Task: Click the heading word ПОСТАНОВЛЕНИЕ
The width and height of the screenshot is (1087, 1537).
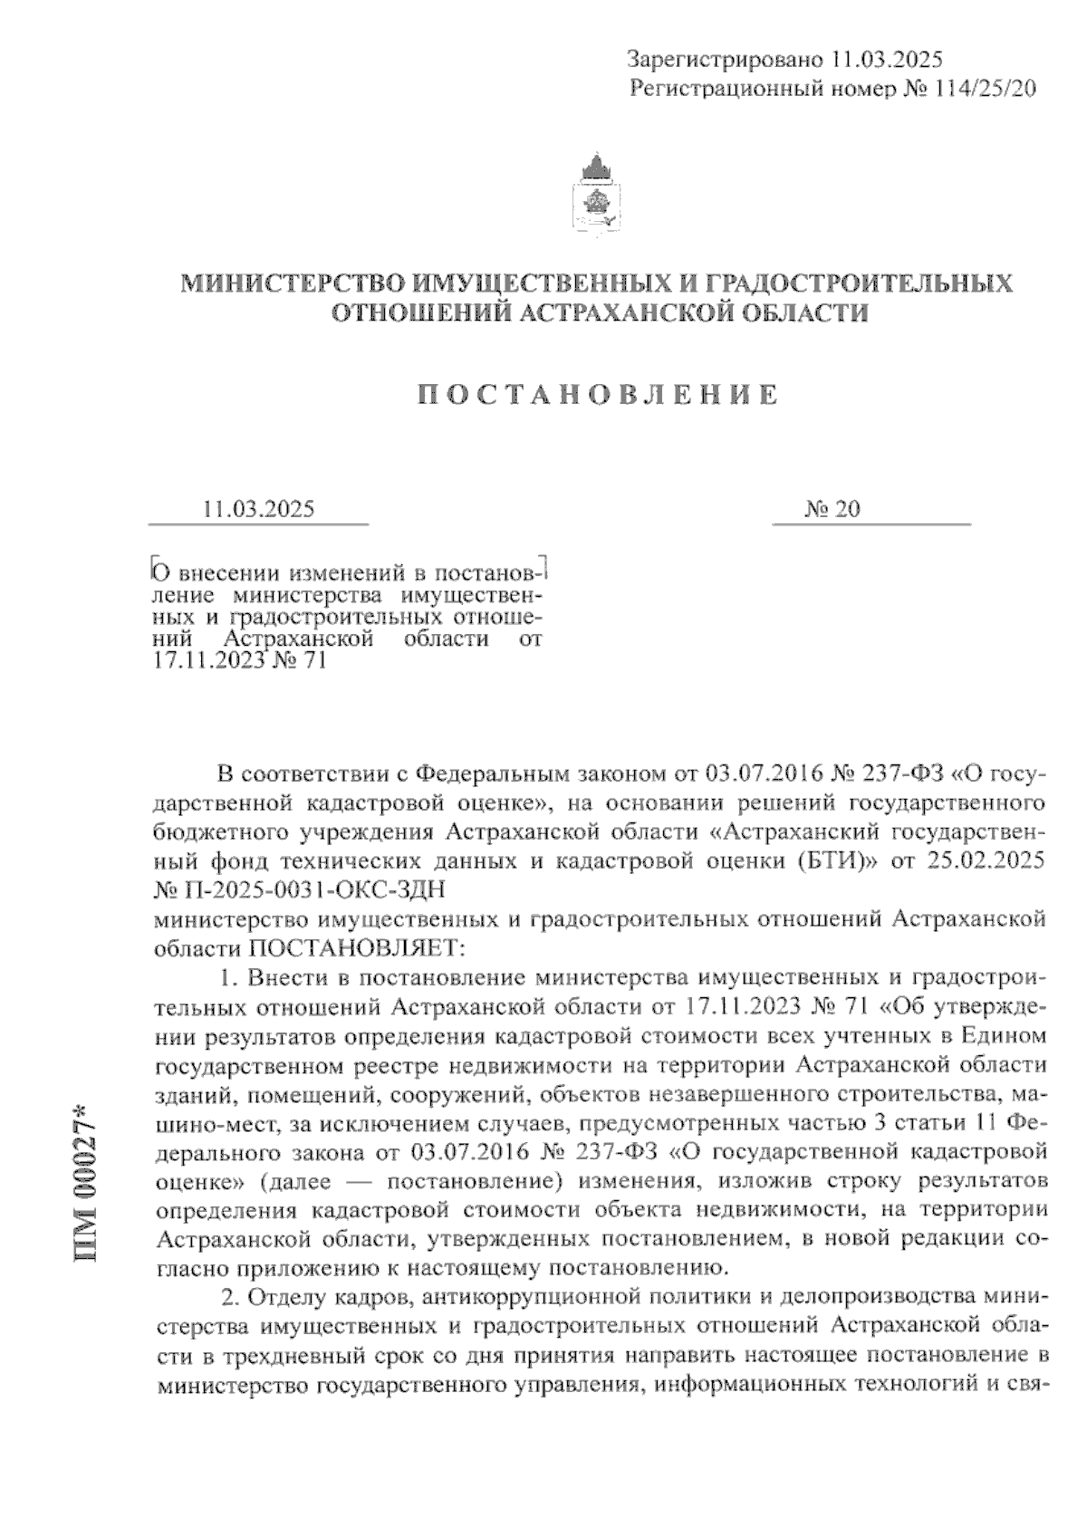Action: pyautogui.click(x=598, y=395)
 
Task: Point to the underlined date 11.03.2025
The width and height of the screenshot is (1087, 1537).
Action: pyautogui.click(x=259, y=509)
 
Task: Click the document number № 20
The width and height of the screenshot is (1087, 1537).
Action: pyautogui.click(x=832, y=509)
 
